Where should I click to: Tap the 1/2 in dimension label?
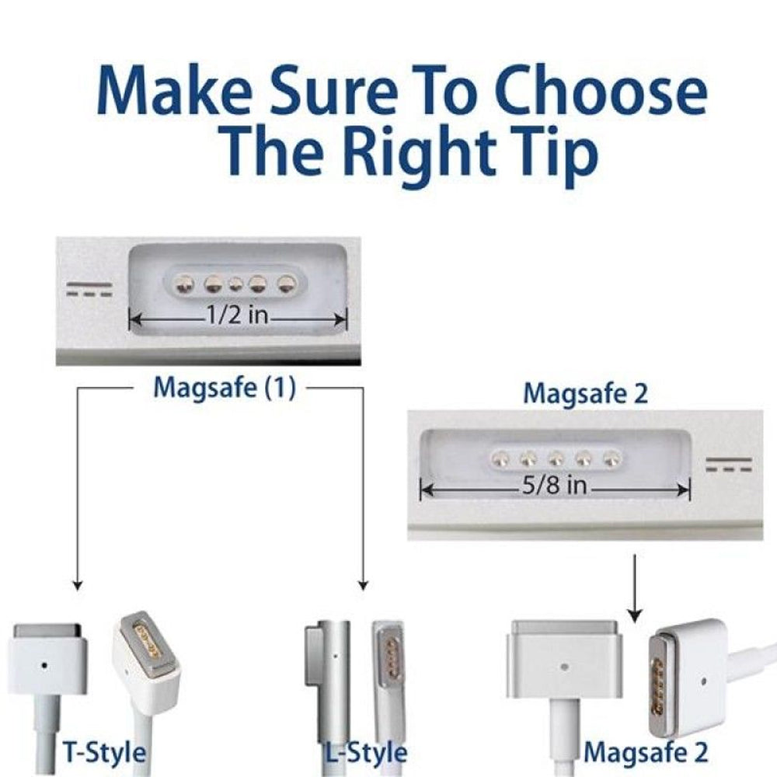[x=237, y=314]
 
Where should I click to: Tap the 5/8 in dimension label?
[x=554, y=484]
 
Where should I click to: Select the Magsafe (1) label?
[x=225, y=388]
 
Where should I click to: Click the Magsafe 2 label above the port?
[x=585, y=394]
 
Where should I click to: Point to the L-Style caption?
[x=366, y=753]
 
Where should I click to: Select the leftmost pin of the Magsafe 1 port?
[x=186, y=284]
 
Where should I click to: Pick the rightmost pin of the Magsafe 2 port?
[x=612, y=458]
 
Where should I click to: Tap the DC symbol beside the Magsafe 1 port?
[x=89, y=289]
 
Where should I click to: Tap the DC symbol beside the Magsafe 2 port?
[x=729, y=465]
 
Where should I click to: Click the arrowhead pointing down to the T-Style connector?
[x=77, y=585]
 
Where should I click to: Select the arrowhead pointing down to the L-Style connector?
[x=363, y=585]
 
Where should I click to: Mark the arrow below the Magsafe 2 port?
[x=635, y=589]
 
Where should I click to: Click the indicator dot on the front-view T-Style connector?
[x=44, y=666]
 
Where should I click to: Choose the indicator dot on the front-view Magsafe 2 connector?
[x=563, y=666]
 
